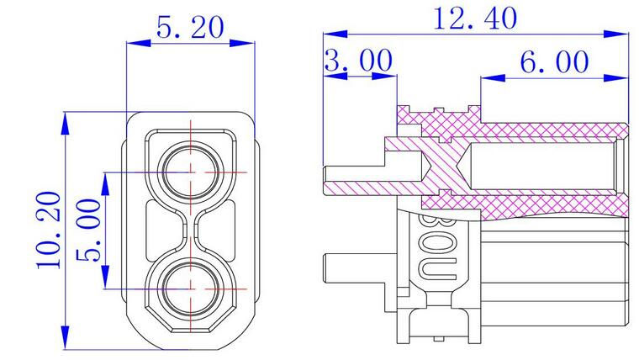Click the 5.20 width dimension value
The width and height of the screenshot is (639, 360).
tap(190, 29)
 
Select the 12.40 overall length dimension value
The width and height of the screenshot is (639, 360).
tap(475, 19)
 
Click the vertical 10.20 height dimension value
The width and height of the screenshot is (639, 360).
tap(49, 229)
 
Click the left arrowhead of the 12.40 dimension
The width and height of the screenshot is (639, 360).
tap(330, 34)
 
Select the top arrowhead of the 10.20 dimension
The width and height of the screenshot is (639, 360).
tap(66, 119)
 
